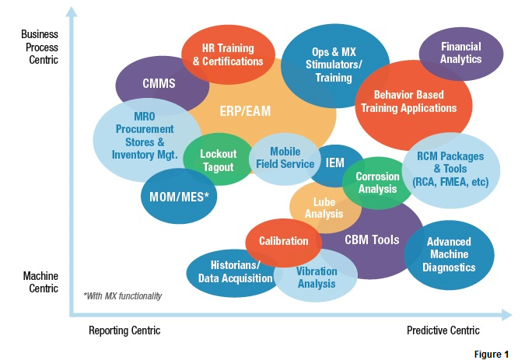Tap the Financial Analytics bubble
click(460, 53)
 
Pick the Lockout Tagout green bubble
click(218, 161)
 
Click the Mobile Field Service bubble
click(285, 158)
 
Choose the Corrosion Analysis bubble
click(376, 183)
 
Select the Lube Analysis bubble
click(324, 208)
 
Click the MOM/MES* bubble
click(180, 196)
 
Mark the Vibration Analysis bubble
click(317, 278)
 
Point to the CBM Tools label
click(372, 240)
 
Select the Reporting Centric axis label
click(124, 330)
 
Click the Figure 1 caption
click(492, 354)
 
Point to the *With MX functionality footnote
click(123, 295)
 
